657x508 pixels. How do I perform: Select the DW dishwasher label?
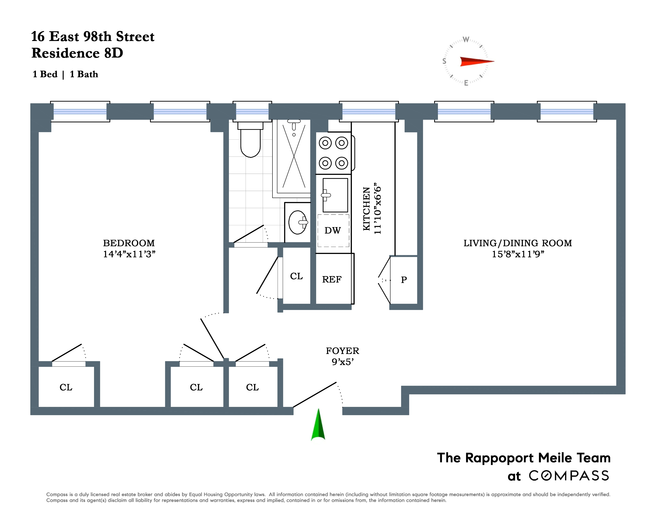332,230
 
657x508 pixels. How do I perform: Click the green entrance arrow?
318,425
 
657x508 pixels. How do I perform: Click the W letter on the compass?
466,40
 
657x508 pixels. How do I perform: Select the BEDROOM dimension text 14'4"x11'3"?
129,254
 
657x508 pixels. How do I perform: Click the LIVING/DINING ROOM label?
517,243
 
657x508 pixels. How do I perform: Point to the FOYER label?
342,351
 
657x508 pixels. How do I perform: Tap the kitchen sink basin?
335,195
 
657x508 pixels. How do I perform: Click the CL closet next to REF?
296,276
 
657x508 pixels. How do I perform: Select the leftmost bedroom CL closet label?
66,387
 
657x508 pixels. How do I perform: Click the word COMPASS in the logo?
569,476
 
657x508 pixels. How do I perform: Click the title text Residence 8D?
77,53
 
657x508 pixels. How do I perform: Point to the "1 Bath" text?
84,74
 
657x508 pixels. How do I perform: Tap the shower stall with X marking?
294,156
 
